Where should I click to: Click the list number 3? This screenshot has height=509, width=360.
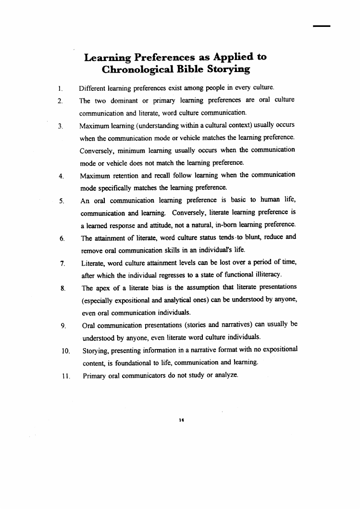click(60, 126)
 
